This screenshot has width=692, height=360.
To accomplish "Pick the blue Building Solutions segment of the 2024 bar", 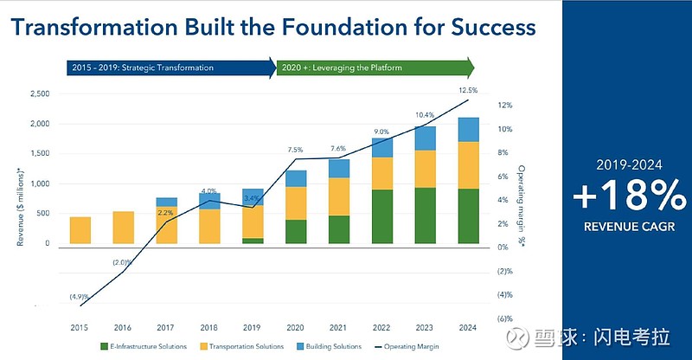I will coord(468,130).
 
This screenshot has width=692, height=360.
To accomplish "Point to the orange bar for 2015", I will coord(81,230).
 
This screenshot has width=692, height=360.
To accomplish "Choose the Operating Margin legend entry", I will coord(408,347).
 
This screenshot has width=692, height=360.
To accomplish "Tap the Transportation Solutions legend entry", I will coord(245,347).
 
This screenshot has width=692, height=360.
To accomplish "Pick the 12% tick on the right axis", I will coord(506,106).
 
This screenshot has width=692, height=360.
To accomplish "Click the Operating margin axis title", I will coord(522,203).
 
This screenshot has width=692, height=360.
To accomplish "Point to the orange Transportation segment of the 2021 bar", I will coord(338,196).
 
